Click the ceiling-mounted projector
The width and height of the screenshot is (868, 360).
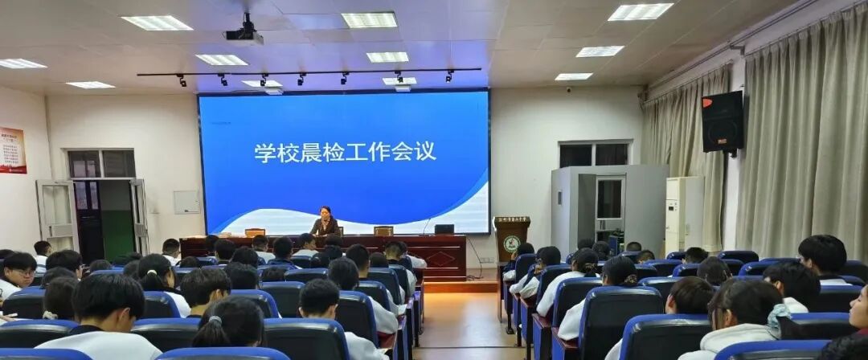tap(244, 33)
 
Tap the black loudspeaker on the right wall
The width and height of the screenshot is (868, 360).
tap(722, 121)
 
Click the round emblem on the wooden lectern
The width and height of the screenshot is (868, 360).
tap(512, 243)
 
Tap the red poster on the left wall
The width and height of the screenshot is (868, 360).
tap(12, 149)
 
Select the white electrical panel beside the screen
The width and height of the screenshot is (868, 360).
tap(186, 202)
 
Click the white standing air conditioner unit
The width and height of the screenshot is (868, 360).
tap(683, 214)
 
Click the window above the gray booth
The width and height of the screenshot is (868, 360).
tap(594, 154)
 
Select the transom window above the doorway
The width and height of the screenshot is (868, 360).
tap(101, 164)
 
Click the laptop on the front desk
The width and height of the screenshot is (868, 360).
tap(444, 229)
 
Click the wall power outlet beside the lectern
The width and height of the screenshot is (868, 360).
tap(485, 260)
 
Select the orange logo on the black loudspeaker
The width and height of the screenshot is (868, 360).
tap(707, 102)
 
